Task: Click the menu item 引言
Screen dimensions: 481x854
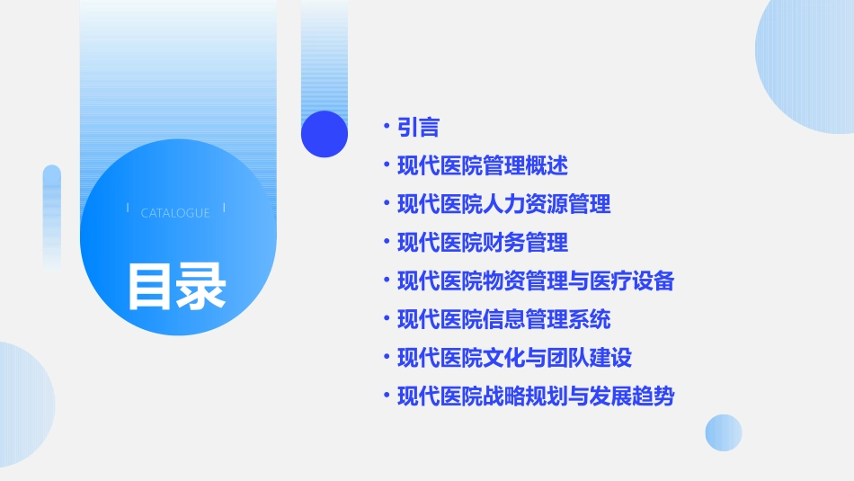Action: click(x=418, y=128)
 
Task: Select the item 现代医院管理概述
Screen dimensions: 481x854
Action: click(x=482, y=166)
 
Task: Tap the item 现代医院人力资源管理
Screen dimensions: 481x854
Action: click(x=503, y=204)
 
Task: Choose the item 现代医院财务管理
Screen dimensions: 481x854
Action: click(x=482, y=243)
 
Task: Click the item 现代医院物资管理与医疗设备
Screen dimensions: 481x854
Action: click(x=536, y=281)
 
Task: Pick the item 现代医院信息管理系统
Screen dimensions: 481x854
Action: click(x=503, y=319)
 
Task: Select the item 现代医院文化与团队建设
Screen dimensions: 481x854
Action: click(x=514, y=358)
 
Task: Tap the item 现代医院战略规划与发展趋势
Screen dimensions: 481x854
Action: click(x=536, y=396)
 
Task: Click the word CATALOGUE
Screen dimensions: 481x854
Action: click(x=175, y=213)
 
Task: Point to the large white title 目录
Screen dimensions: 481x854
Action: click(x=176, y=286)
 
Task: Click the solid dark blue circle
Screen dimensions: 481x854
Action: click(x=325, y=134)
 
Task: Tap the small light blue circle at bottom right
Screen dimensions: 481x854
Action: click(x=724, y=432)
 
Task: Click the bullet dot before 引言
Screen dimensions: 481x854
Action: click(x=386, y=128)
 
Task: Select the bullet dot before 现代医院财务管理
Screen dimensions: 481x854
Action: click(x=386, y=243)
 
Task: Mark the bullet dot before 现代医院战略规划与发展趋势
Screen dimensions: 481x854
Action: click(x=386, y=396)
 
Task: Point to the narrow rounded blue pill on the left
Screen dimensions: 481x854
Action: click(x=52, y=216)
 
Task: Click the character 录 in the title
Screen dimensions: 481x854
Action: click(x=201, y=286)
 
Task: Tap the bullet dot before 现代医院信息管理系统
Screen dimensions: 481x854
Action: click(x=386, y=319)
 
